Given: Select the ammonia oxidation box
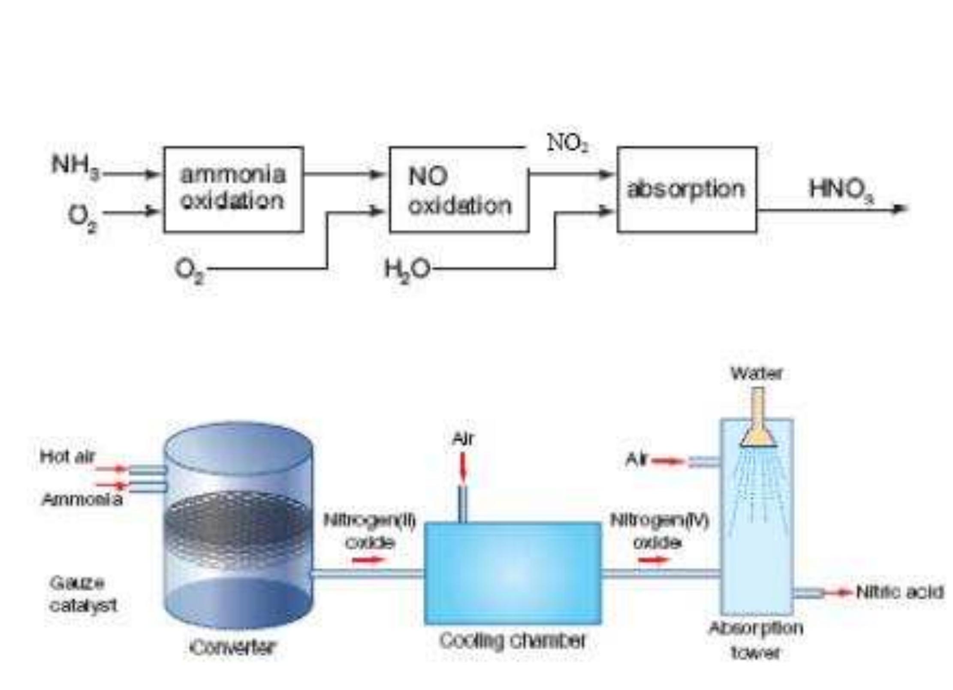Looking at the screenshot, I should pos(234,190).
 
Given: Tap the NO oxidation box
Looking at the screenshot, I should pos(459,190).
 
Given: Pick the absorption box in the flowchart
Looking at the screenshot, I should pos(687,190).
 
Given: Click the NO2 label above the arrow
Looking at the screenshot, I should pos(567,143).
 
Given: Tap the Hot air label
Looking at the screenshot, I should pos(67,456).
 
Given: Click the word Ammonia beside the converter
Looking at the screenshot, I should pos(82,499).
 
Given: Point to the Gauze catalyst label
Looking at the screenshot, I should pos(82,594).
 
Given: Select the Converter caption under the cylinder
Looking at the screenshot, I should pos(232,648).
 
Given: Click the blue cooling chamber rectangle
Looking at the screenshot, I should pos(513,573).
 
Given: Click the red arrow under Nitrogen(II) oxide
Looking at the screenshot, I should pos(368,560).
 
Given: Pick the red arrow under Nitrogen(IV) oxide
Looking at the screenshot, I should pos(653,560).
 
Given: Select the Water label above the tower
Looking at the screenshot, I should pos(757,374).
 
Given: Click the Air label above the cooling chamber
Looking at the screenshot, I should pos(463,439).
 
